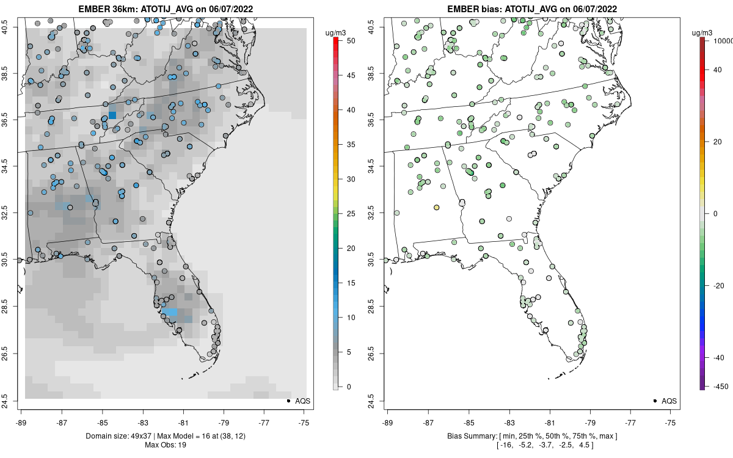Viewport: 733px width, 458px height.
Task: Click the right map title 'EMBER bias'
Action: [475, 9]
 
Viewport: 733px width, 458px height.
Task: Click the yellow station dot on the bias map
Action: [437, 208]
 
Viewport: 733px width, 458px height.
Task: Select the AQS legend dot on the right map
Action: [655, 401]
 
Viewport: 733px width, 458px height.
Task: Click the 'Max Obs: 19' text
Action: [165, 445]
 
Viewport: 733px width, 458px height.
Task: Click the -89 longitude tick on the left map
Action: [21, 421]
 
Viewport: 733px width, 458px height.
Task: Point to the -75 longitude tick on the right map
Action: [671, 421]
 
